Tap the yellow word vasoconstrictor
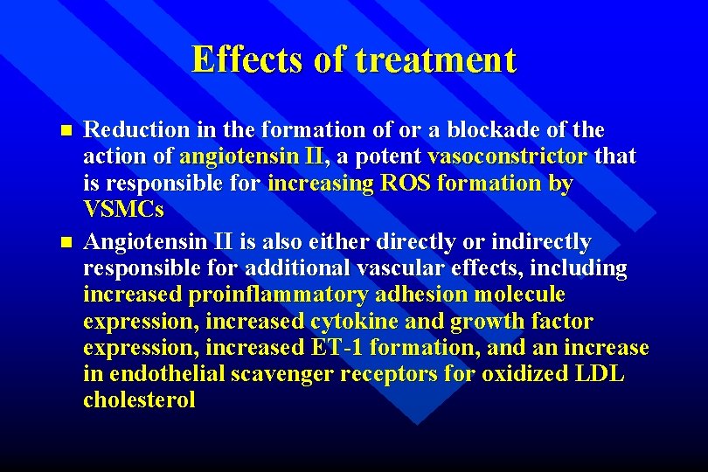coord(508,157)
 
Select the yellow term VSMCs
coord(123,212)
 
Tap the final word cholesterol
coord(139,402)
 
